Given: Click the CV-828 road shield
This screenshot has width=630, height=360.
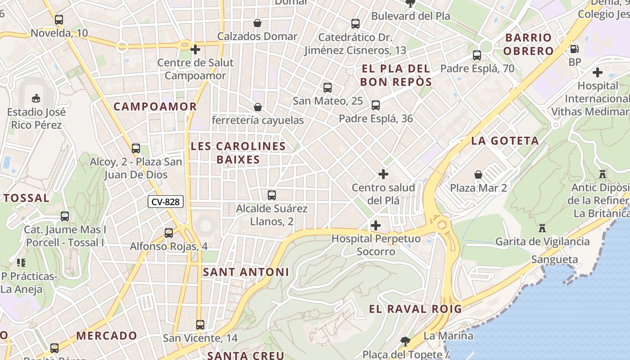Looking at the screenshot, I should tap(166, 202).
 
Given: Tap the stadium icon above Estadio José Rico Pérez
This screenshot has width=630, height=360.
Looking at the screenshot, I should tap(36, 98).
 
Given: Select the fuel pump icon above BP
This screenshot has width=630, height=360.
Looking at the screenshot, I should tap(575, 49).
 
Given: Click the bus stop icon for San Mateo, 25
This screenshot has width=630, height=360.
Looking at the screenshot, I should tap(328, 88).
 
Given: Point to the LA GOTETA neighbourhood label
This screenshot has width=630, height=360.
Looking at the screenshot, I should tap(505, 141).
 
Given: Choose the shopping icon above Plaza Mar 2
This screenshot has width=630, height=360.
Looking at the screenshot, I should tap(478, 174).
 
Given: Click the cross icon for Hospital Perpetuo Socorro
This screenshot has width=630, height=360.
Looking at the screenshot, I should tap(376, 225).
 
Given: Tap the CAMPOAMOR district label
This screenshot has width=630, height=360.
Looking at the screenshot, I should tap(155, 107).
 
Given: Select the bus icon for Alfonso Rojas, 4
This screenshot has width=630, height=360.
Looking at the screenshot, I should tap(169, 233).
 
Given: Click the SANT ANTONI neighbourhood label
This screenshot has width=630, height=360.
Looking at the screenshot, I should tap(246, 272).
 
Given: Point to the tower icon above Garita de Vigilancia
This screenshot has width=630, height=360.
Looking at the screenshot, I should tap(542, 228).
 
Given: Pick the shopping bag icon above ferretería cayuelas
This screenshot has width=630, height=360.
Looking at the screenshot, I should tap(258, 107).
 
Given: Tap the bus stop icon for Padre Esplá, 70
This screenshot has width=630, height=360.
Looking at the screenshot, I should tap(477, 55).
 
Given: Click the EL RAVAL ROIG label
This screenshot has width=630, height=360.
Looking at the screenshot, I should tap(415, 309).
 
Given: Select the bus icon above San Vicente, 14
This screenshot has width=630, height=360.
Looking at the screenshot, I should tap(200, 324).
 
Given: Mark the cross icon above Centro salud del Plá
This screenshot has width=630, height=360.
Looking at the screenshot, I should tap(383, 174).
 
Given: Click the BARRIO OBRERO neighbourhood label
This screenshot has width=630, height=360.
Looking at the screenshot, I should tap(528, 44).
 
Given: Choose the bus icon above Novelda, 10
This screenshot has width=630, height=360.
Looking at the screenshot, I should tap(59, 20).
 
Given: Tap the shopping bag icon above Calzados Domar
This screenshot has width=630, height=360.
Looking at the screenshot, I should tap(257, 23).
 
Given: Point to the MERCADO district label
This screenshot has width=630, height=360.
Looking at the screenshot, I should tap(107, 336).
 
